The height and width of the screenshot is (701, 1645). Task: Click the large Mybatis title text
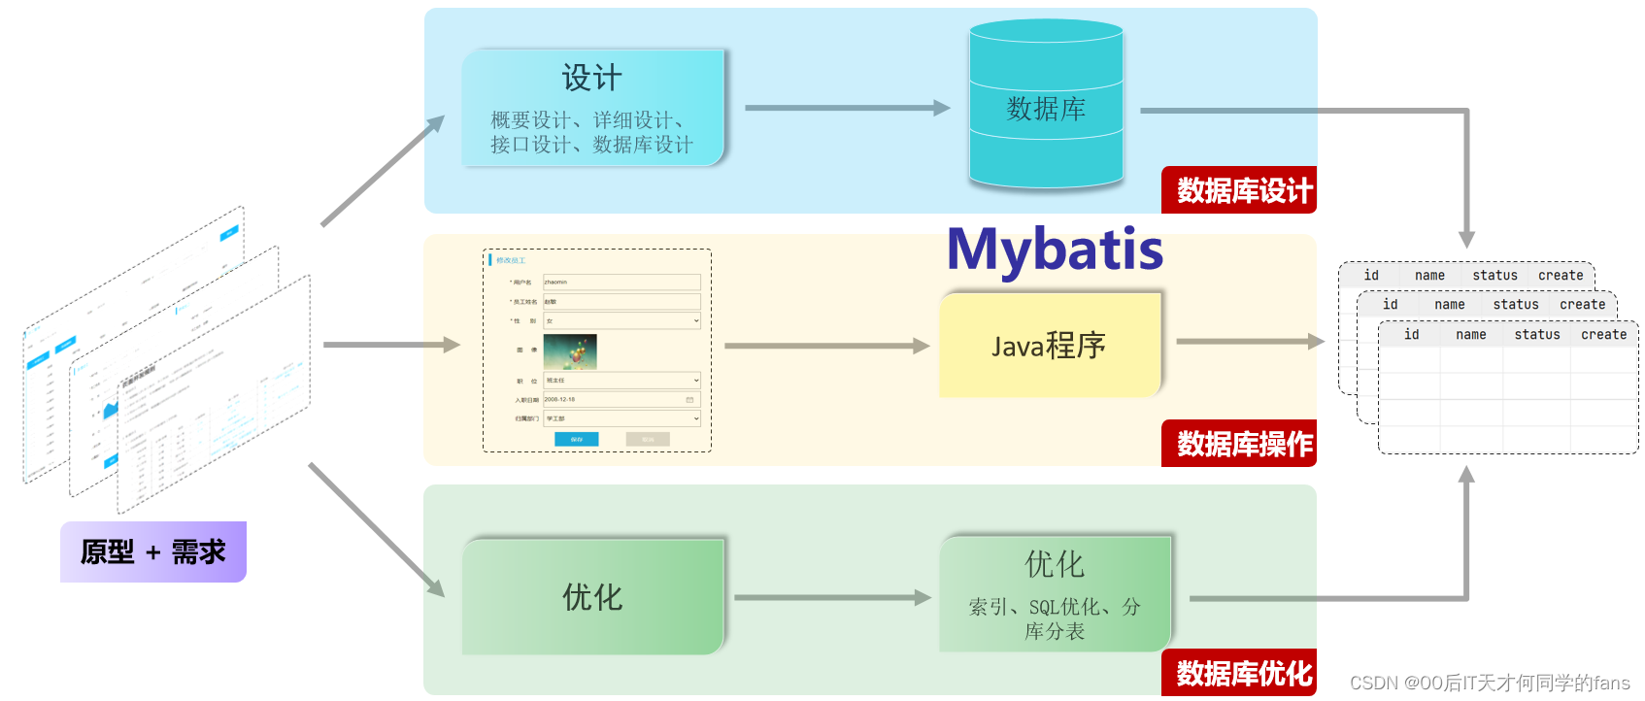click(x=1055, y=250)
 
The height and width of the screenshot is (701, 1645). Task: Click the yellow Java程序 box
click(x=1050, y=345)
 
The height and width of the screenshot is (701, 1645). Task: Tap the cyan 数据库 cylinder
click(x=1046, y=107)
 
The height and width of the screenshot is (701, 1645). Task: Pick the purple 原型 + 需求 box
click(x=153, y=551)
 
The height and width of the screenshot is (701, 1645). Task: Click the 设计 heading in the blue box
click(x=591, y=78)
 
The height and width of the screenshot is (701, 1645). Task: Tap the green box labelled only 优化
click(x=592, y=596)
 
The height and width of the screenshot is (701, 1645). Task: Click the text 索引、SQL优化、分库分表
click(x=1055, y=618)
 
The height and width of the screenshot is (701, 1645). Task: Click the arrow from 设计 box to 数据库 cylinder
click(x=845, y=108)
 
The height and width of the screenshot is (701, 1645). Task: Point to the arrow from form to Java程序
click(x=825, y=346)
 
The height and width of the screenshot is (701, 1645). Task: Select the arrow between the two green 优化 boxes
click(x=831, y=598)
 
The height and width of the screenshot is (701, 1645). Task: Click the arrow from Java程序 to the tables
click(x=1249, y=342)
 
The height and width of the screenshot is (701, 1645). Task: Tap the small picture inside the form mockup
click(x=570, y=351)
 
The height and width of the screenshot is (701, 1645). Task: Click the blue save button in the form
click(x=576, y=440)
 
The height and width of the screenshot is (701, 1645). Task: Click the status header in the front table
click(x=1537, y=335)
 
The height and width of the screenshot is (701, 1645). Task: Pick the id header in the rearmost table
click(x=1371, y=276)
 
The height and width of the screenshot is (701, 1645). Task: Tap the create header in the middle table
click(x=1582, y=305)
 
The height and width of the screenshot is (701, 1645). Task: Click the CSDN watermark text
click(x=1489, y=684)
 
